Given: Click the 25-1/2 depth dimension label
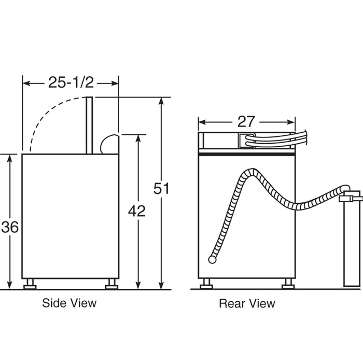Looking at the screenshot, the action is pos(71,82).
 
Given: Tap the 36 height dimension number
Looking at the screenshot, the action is pos(10,227).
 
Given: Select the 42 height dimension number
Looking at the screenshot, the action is pos(137,211).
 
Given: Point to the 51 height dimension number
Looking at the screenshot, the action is pos(161,188).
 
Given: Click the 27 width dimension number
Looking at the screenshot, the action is pos(246,121).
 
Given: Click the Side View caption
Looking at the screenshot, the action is pos(69,303).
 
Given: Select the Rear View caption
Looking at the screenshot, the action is pos(247,303).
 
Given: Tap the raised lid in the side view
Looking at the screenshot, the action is pos(89,125).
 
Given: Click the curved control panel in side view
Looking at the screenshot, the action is pos(110,144).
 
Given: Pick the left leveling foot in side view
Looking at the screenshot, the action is pos(30,284).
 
